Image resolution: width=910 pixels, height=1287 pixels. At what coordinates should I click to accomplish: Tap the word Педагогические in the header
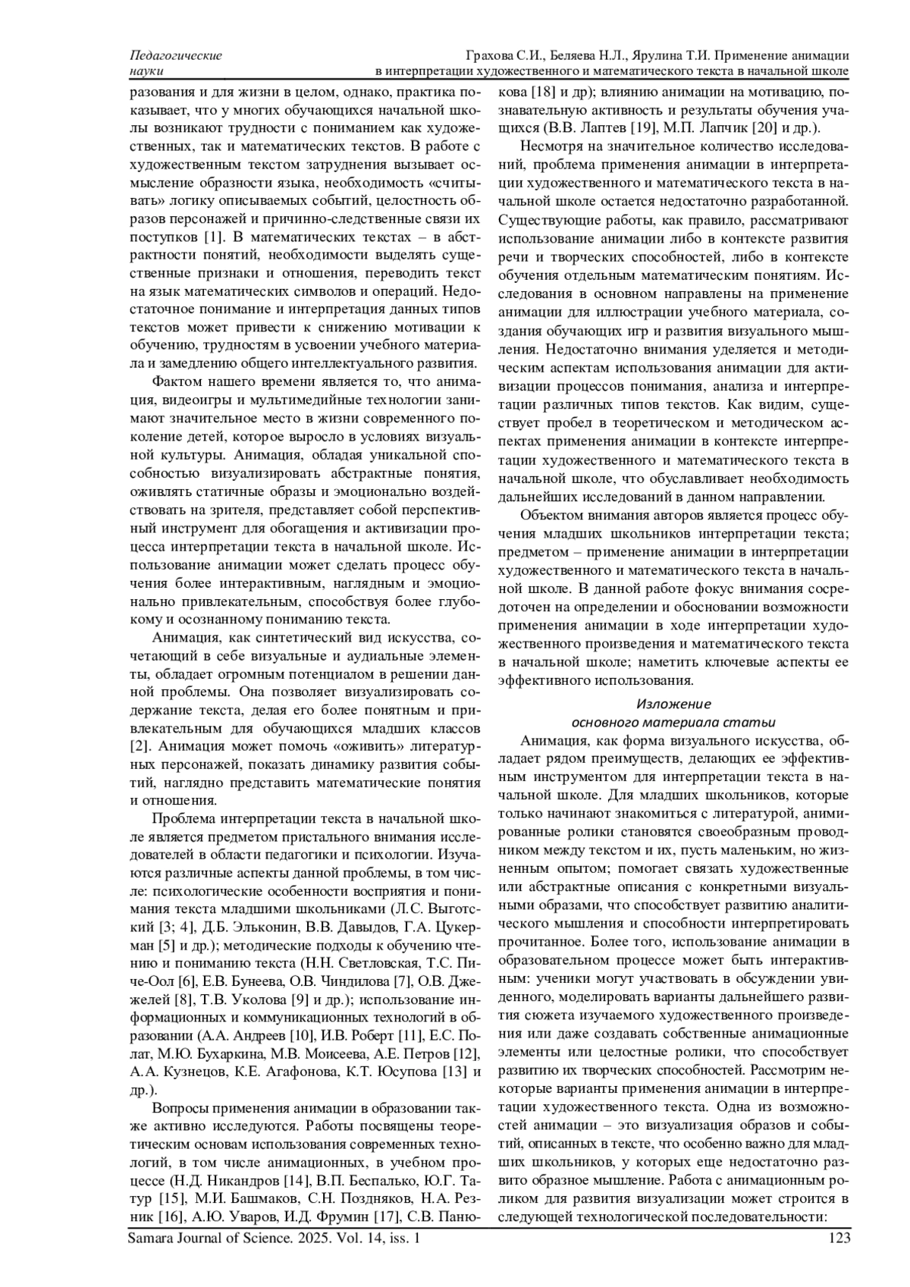[x=176, y=56]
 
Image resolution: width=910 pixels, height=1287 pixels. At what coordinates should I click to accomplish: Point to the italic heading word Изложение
[x=673, y=703]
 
